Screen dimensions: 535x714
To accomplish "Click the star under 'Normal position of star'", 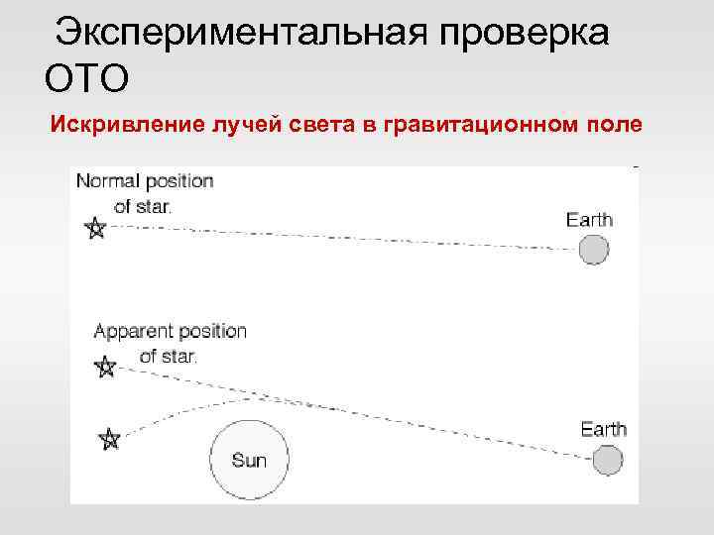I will [95, 229].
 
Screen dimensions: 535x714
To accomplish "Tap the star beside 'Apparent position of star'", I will [105, 368].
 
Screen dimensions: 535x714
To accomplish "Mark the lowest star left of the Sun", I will [110, 438].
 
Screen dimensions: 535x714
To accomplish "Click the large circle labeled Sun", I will [250, 459].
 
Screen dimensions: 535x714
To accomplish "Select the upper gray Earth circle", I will [593, 250].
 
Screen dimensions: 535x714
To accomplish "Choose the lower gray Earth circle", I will [607, 461].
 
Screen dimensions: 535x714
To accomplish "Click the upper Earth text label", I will [589, 220].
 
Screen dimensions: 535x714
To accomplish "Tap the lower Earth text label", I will [603, 430].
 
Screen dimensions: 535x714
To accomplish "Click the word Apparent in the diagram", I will [132, 331].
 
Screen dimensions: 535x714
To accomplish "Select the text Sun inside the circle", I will [249, 461].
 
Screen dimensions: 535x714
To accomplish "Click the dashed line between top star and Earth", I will [337, 238].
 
